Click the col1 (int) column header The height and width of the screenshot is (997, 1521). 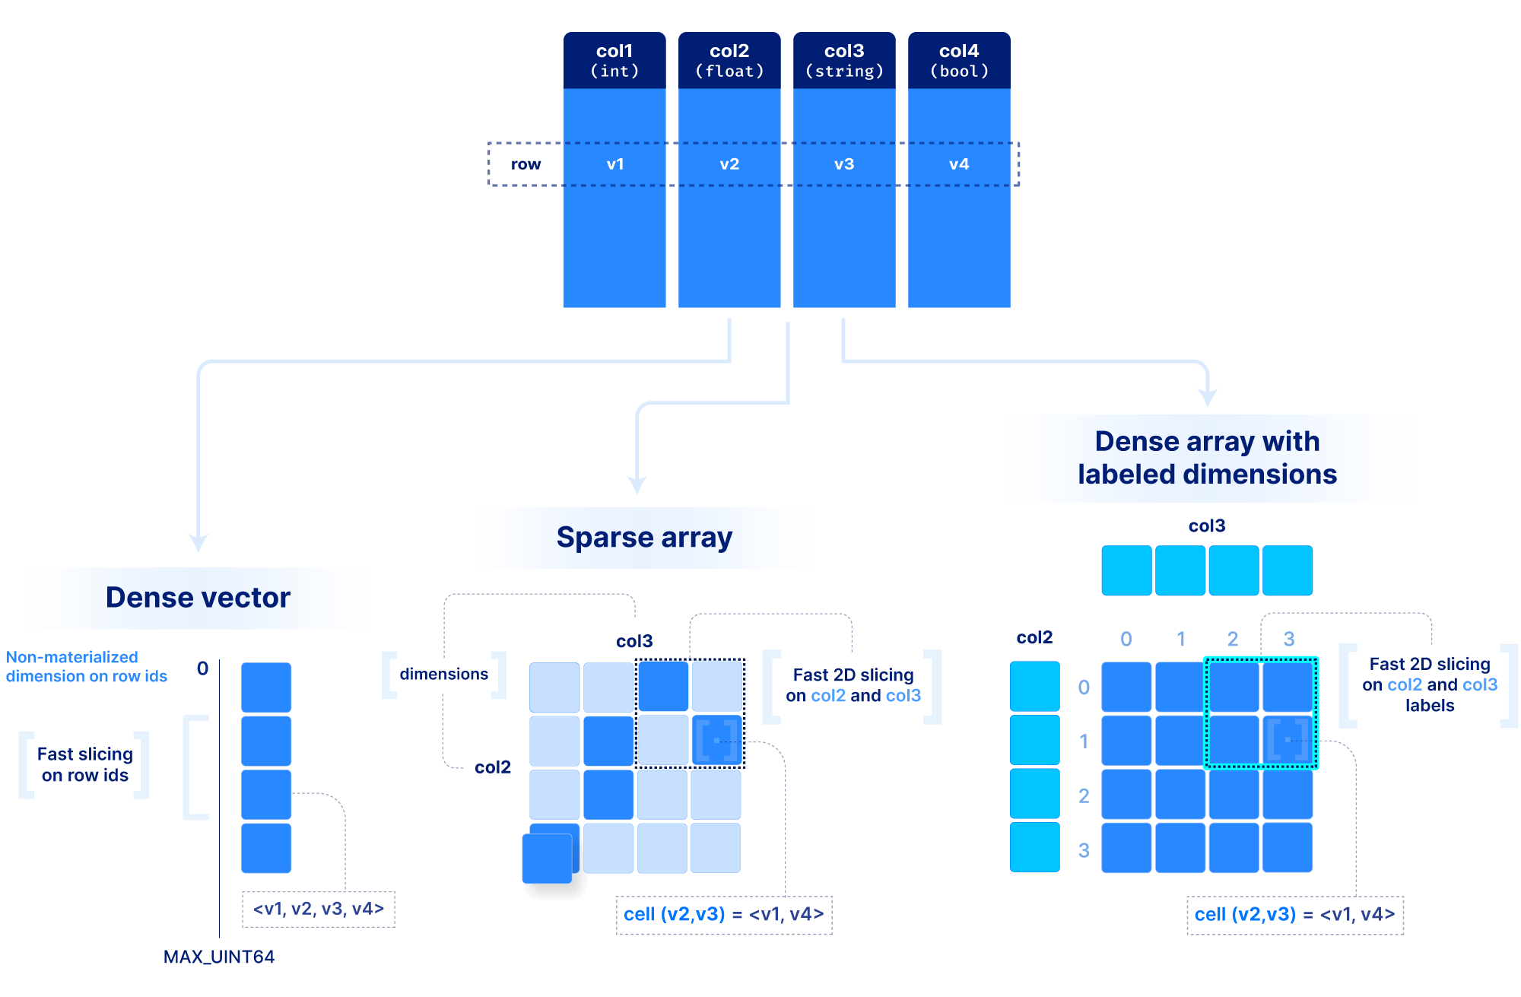[614, 60]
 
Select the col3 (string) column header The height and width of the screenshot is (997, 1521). [844, 60]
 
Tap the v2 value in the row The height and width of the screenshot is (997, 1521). [729, 164]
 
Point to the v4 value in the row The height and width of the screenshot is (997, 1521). [959, 164]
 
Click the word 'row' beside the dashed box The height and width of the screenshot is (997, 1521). [526, 164]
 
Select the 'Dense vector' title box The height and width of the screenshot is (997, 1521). [198, 598]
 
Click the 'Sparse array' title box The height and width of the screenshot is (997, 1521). [644, 538]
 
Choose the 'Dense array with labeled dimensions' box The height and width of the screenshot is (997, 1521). [1207, 458]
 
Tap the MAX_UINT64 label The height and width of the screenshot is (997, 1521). [219, 957]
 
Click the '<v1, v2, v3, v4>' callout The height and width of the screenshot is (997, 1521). [319, 909]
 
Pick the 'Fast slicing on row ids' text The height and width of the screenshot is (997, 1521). [84, 764]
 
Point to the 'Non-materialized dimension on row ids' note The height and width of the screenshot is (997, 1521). [86, 666]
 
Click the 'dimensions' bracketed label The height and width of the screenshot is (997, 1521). [444, 674]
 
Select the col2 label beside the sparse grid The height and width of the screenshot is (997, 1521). [493, 767]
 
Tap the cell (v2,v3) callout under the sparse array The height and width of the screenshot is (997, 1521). [723, 914]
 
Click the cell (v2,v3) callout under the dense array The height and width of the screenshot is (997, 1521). [1294, 914]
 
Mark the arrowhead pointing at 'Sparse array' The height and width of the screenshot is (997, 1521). [637, 485]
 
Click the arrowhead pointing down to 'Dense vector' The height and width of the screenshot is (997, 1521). [198, 543]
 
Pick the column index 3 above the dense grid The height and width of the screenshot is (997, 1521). [1289, 639]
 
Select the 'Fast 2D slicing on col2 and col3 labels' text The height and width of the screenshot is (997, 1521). [1430, 684]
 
